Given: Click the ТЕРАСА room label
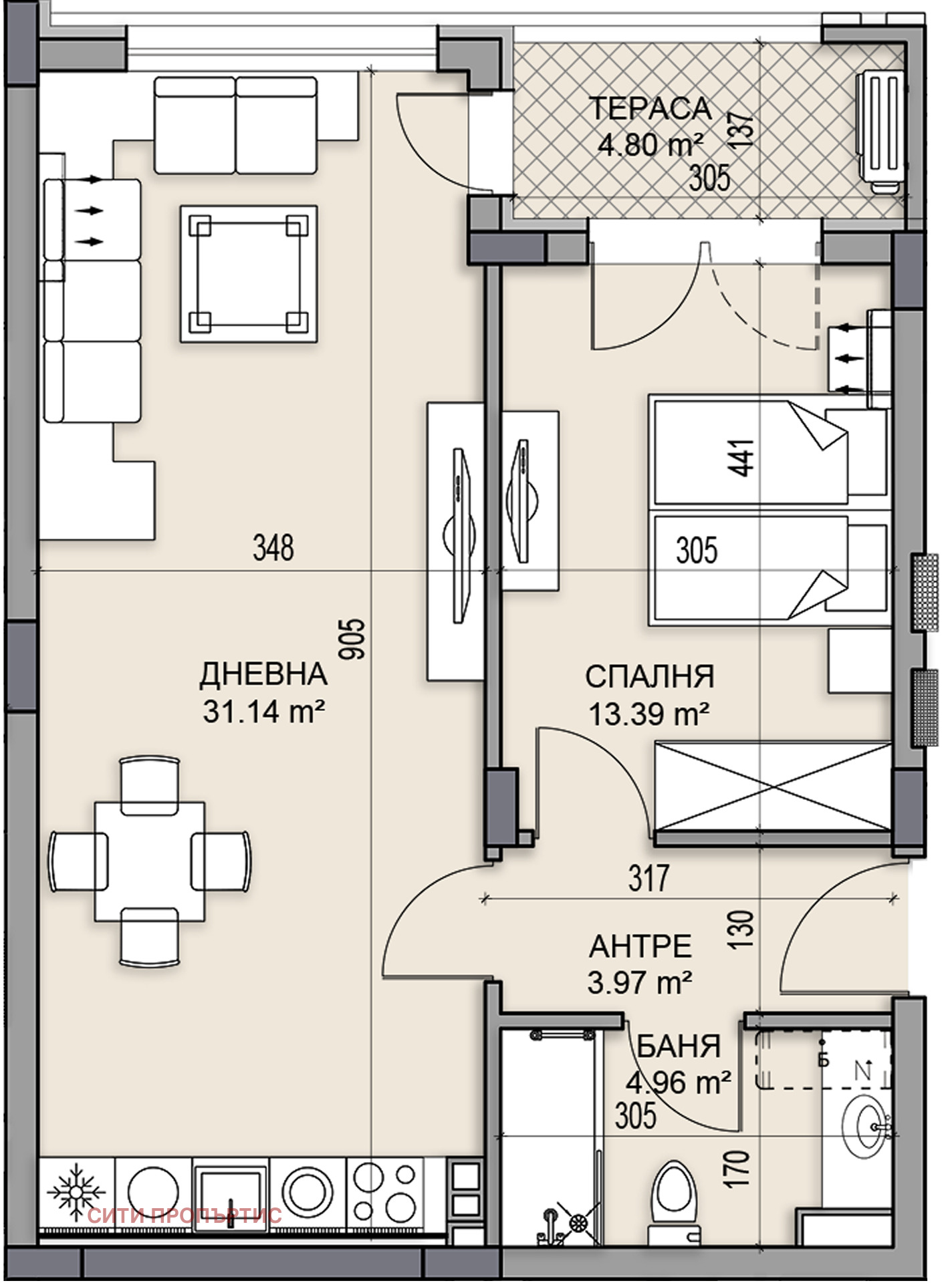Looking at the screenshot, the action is pos(649,109).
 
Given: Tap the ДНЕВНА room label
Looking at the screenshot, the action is pos(263,674).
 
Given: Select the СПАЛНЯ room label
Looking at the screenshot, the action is pos(650,677).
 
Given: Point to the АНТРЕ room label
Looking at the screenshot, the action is pos(640,947).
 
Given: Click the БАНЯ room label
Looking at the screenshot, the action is pos(679,1046).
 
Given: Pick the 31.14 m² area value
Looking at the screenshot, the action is pos(263,712).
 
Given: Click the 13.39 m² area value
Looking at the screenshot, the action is pos(648,714).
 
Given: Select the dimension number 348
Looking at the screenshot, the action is pos(273,548).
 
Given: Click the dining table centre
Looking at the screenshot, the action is pos(150,861).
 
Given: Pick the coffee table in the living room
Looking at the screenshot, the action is pos(248,274).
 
